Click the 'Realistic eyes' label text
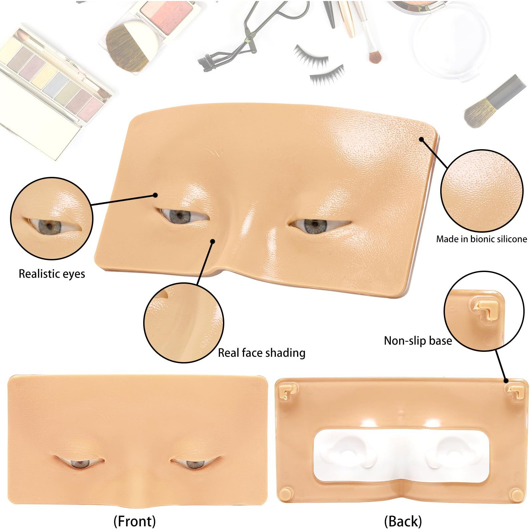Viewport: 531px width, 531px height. tap(52, 274)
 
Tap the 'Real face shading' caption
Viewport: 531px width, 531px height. tap(261, 353)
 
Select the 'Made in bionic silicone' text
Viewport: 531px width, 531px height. tap(481, 239)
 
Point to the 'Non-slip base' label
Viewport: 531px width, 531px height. tap(418, 341)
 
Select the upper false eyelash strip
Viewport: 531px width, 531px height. tap(310, 56)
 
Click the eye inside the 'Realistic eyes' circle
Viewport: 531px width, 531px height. tap(50, 227)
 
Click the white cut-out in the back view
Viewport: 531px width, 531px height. tap(402, 456)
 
